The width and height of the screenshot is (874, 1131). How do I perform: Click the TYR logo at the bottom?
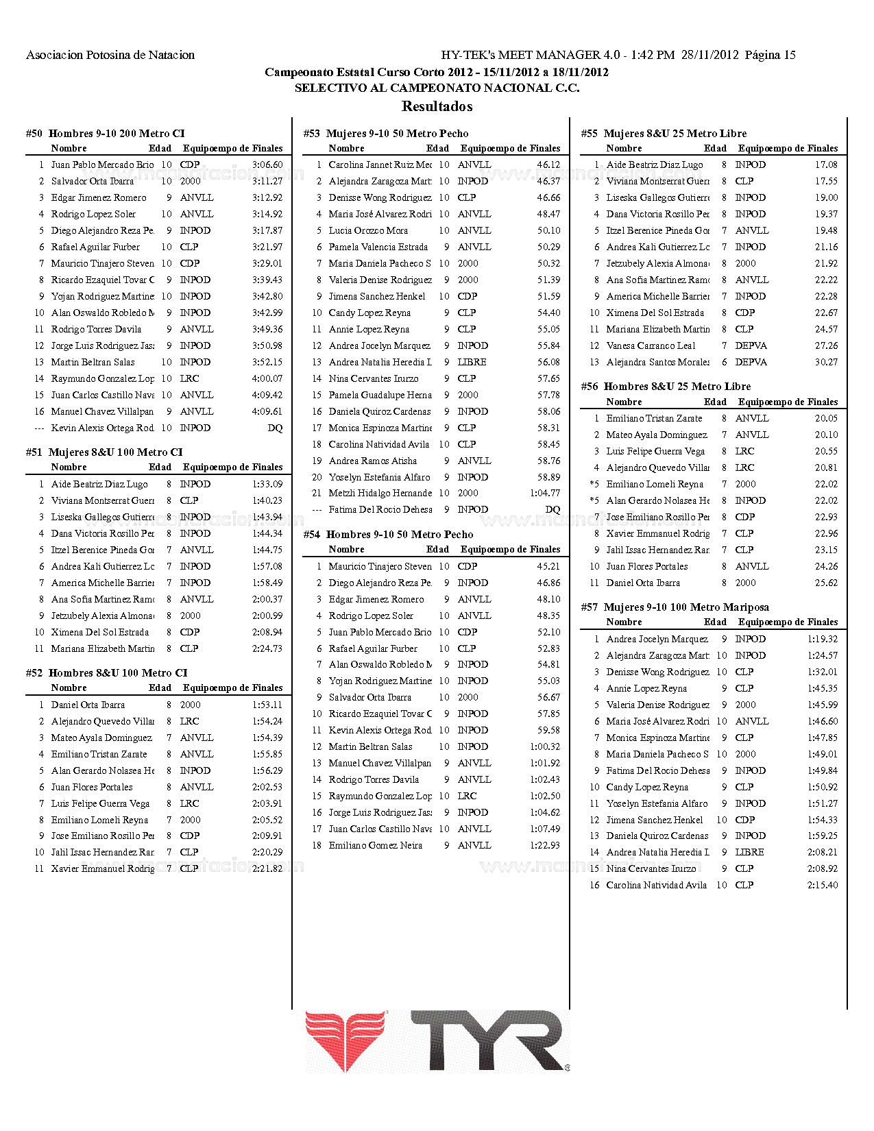click(437, 1041)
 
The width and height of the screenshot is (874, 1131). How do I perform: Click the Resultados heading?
click(437, 106)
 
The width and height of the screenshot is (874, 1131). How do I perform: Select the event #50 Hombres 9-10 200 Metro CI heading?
click(105, 134)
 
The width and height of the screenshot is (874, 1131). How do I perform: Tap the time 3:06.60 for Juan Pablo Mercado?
click(267, 165)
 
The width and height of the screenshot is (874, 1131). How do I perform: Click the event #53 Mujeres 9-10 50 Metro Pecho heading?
click(386, 134)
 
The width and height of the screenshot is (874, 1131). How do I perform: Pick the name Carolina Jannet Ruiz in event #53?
click(380, 165)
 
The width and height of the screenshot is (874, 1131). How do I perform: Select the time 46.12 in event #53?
click(548, 165)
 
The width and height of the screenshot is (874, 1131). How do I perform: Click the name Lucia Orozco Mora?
click(368, 231)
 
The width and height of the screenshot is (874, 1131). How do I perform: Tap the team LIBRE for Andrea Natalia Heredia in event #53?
click(472, 363)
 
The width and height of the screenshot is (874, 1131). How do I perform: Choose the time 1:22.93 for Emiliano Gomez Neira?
click(545, 846)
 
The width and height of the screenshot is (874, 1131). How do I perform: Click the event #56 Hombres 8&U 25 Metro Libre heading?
click(666, 387)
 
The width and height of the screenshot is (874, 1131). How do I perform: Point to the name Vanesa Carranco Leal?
click(651, 346)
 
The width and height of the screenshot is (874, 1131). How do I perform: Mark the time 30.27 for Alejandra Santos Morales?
click(826, 363)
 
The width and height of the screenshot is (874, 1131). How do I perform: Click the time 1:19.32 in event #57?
click(823, 640)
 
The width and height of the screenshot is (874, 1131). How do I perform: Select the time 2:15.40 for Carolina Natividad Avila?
click(823, 886)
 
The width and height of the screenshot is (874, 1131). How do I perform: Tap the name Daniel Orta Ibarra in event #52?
click(88, 705)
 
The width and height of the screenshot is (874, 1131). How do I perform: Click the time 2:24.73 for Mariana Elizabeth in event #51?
click(267, 649)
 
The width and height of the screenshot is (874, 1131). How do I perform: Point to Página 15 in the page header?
click(770, 55)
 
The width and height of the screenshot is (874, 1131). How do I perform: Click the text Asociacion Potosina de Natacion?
click(110, 55)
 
